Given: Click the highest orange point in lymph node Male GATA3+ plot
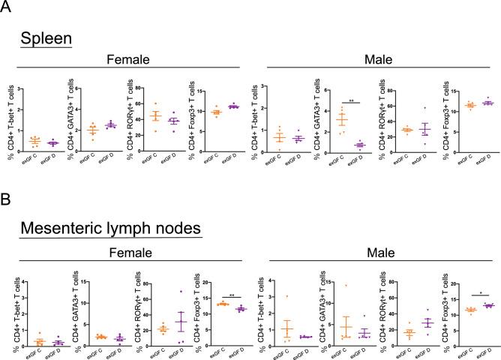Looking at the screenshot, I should coord(346,286).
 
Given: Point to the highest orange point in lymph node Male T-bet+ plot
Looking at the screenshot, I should coord(287,296).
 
